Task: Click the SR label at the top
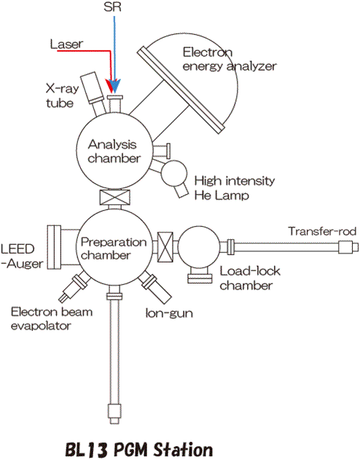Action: (x=112, y=7)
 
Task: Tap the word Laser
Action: (x=66, y=44)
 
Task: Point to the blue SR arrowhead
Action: (x=115, y=86)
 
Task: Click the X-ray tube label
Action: (x=62, y=95)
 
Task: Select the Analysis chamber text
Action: (x=114, y=152)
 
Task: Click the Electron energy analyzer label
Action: (x=230, y=59)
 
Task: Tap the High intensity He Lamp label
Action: (x=235, y=188)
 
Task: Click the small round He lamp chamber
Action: (x=174, y=173)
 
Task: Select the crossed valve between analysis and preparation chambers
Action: (x=114, y=197)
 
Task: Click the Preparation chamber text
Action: (x=114, y=249)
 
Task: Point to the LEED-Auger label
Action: (x=22, y=257)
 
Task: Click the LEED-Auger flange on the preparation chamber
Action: (x=54, y=247)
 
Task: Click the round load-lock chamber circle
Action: (x=199, y=247)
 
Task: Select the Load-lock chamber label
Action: (x=250, y=278)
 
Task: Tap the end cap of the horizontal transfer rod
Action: (x=348, y=247)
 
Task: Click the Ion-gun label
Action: (x=169, y=313)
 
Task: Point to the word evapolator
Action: (x=41, y=326)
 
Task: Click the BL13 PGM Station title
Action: (x=138, y=450)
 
